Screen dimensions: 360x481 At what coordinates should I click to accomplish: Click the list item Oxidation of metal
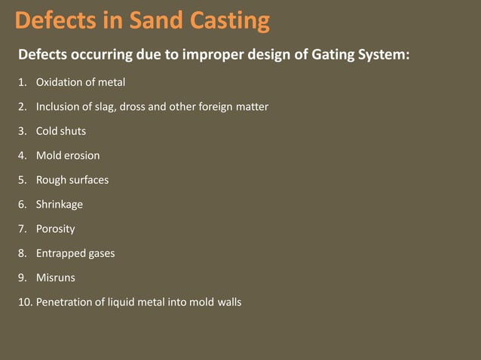point(81,82)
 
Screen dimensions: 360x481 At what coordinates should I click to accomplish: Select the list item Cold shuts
point(61,131)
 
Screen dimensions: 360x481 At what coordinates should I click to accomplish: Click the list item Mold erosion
point(68,156)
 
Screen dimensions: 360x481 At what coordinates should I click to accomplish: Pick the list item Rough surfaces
point(72,180)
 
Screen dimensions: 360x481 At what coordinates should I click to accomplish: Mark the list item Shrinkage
point(60,204)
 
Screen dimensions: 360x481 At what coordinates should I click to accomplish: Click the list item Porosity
point(56,229)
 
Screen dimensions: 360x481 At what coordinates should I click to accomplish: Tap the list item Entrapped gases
point(75,253)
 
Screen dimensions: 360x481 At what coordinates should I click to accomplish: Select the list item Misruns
point(56,278)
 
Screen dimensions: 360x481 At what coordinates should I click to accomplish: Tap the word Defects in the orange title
point(52,20)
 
